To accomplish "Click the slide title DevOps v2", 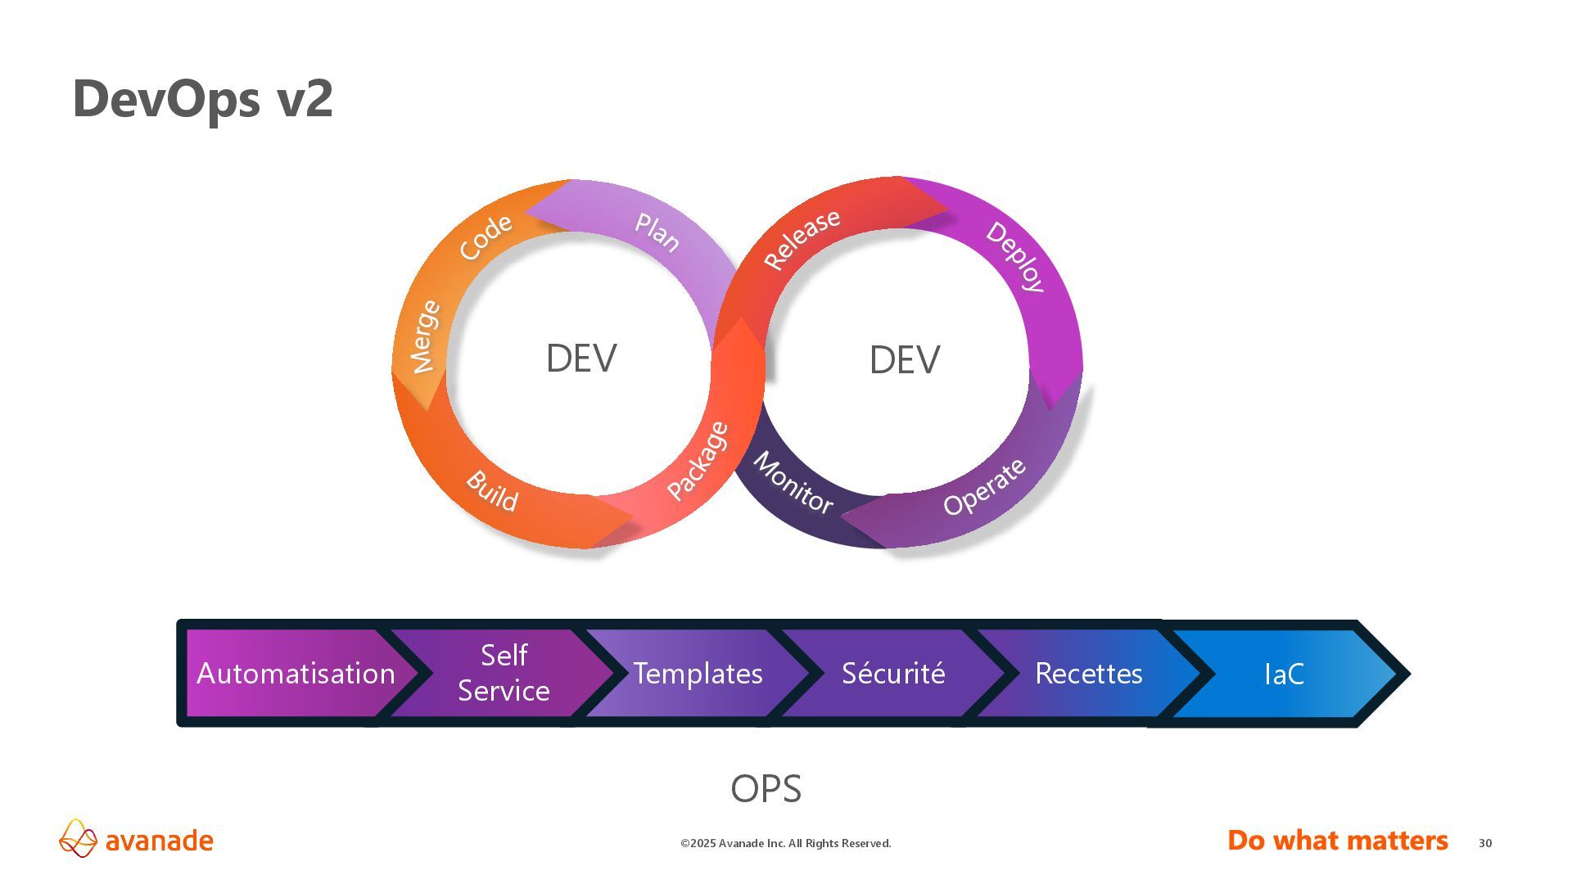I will point(202,98).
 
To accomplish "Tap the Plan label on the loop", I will point(657,232).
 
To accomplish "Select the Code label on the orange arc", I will point(486,237).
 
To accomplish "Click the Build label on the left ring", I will point(492,491).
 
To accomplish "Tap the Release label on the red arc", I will point(802,238).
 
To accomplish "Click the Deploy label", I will point(1015,256).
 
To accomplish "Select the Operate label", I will point(984,487).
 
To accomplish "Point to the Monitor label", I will point(793,482).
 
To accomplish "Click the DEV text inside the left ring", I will point(581,359).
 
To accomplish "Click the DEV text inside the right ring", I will point(904,360).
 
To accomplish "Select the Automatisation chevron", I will point(296,674).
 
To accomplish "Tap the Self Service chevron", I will point(504,673).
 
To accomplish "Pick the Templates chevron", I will point(698,674).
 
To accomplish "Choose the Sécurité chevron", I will point(893,674).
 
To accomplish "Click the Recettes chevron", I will point(1088,674).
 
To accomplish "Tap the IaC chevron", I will point(1284,674).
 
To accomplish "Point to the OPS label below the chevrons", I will point(766,789).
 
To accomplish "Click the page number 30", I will point(1485,843).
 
